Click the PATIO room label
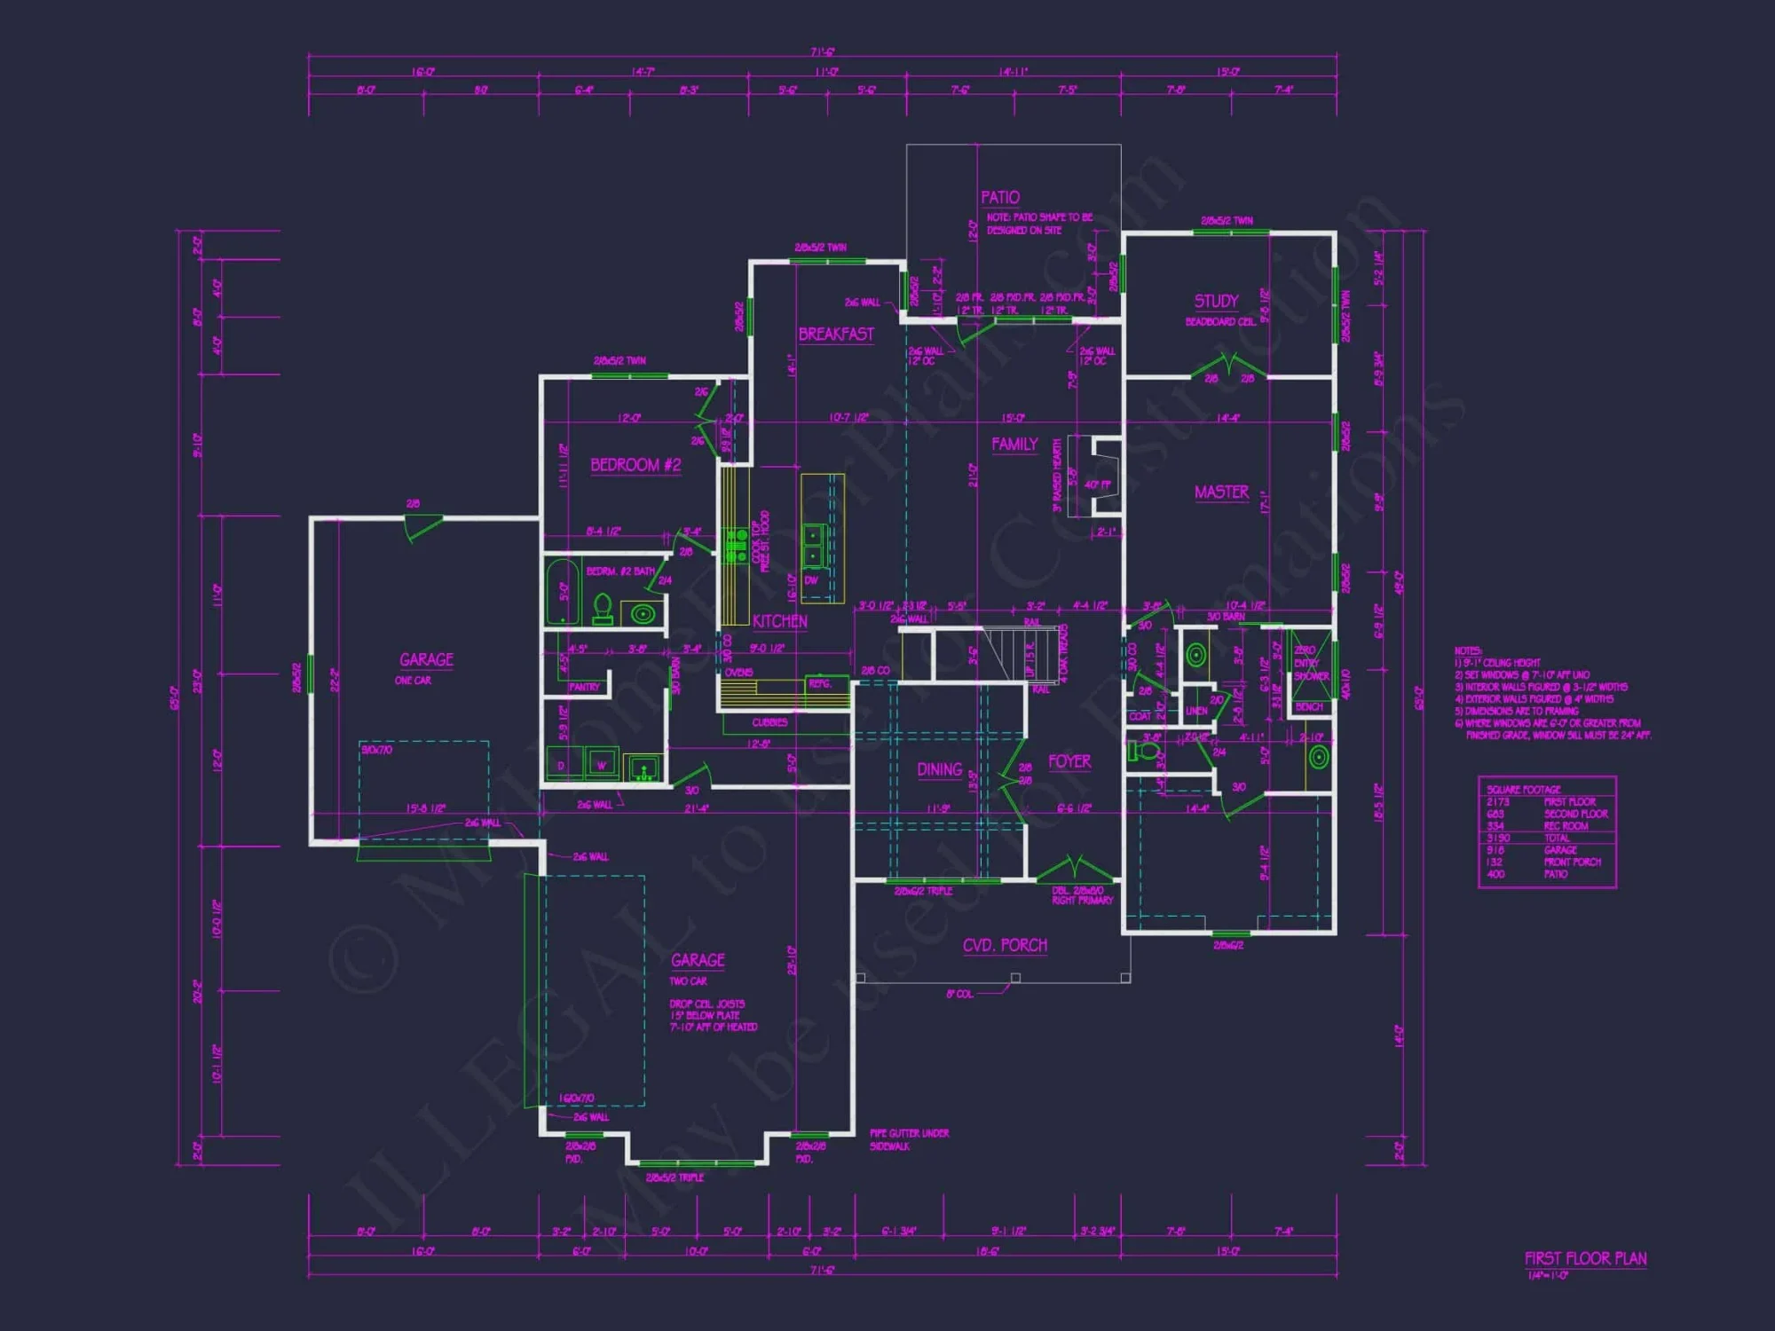coord(999,197)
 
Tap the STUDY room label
coord(1215,301)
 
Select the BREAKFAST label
coord(835,335)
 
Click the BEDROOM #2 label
coord(635,465)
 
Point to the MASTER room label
coord(1221,492)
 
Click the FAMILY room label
coord(1014,445)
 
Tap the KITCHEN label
coord(779,621)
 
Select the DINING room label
coord(939,769)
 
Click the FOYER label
coord(1069,761)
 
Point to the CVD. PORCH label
coord(1005,945)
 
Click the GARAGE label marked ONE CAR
coord(426,659)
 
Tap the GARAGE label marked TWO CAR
coord(698,960)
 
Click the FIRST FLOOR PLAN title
coord(1585,1258)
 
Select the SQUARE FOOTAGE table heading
coord(1523,789)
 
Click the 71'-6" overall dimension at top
coord(822,52)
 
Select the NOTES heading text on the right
coord(1467,651)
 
